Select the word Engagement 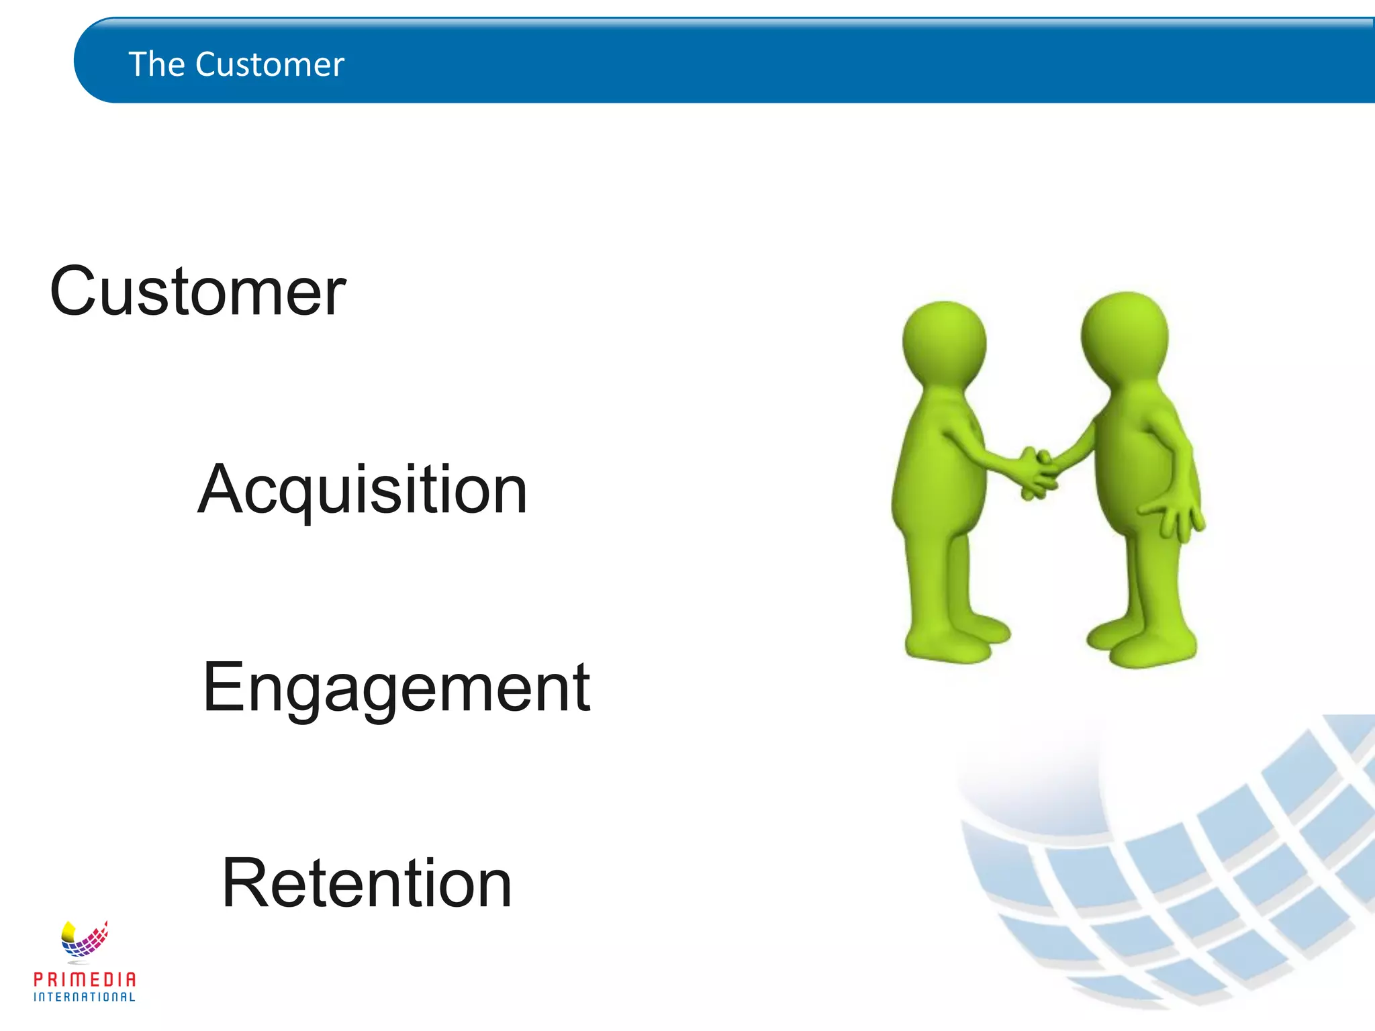(396, 688)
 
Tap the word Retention (367, 884)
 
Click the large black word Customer (197, 292)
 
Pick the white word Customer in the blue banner (270, 65)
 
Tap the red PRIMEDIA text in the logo (85, 979)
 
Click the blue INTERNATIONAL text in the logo (85, 997)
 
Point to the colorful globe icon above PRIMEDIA (84, 939)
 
